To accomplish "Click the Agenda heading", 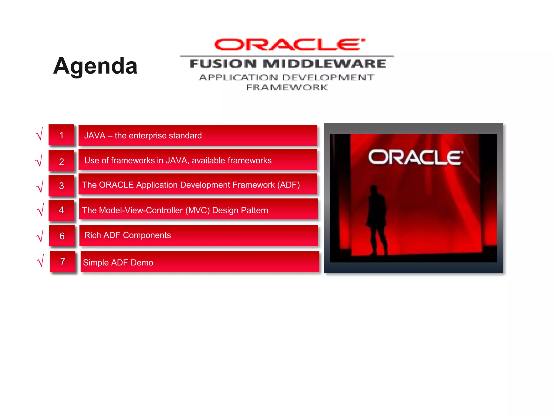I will (x=95, y=66).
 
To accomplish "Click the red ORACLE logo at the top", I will (x=289, y=45).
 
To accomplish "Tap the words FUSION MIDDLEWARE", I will (x=288, y=64).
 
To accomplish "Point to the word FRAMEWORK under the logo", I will (x=287, y=87).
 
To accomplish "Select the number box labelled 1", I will (x=62, y=135).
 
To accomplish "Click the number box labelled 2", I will (x=62, y=162).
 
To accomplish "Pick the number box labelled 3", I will (x=62, y=186).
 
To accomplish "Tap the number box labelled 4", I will (x=62, y=210).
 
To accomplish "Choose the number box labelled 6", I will (x=62, y=236).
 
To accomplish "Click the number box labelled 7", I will (x=63, y=261).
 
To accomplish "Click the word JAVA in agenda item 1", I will (x=95, y=135).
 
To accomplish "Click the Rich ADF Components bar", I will (x=198, y=235).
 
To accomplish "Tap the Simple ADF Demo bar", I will (x=200, y=262).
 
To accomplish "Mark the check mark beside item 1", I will (x=40, y=134).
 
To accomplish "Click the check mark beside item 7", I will (x=41, y=261).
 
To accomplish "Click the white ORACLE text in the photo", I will (x=415, y=157).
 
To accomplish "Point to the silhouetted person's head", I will (x=374, y=189).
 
